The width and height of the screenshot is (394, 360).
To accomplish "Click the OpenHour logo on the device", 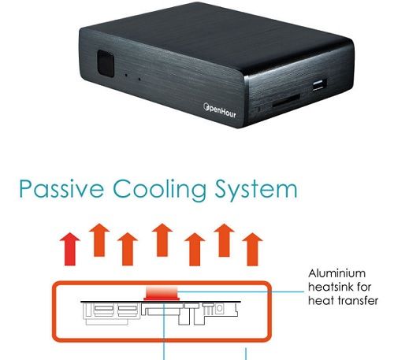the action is (220, 110).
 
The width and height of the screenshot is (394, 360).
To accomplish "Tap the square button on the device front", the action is (106, 63).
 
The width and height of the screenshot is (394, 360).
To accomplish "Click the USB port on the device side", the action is (319, 85).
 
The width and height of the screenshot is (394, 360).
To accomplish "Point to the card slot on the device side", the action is (286, 101).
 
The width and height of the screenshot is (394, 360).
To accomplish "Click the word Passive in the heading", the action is (61, 189).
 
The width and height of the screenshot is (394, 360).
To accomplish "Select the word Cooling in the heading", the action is (160, 190).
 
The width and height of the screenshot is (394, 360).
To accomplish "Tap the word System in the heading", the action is (256, 190).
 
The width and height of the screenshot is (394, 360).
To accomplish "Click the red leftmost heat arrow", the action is (70, 249).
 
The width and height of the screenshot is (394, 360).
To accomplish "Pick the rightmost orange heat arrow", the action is (252, 249).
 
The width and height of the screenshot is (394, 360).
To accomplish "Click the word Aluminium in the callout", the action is (336, 273).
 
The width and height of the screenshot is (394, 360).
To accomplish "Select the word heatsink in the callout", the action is (331, 287).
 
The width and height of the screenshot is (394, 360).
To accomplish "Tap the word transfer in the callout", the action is (359, 300).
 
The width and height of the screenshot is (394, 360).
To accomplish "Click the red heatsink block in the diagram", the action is (162, 293).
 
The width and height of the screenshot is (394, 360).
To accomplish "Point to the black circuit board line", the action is (161, 302).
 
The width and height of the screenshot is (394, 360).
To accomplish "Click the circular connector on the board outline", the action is (220, 309).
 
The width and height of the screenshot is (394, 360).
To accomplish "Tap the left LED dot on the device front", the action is (126, 75).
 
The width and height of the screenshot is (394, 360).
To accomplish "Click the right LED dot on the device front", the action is (139, 79).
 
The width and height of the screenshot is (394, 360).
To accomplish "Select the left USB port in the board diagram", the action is (104, 310).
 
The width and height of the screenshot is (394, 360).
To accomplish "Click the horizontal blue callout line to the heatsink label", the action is (240, 291).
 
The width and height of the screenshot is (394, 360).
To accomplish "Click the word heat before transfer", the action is (322, 300).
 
